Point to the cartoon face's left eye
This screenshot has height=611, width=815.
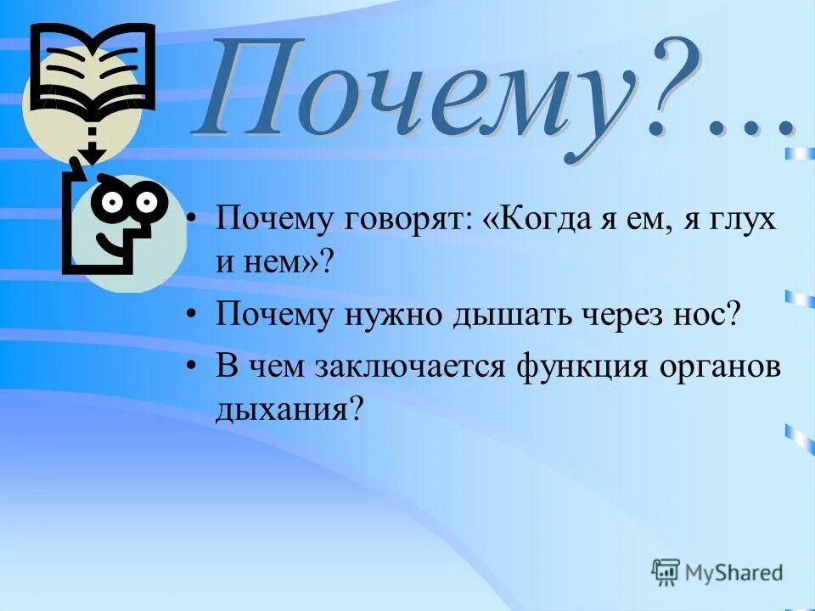(x=111, y=201)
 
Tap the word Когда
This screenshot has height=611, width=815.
(x=532, y=219)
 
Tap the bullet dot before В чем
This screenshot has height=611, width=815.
(x=194, y=367)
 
